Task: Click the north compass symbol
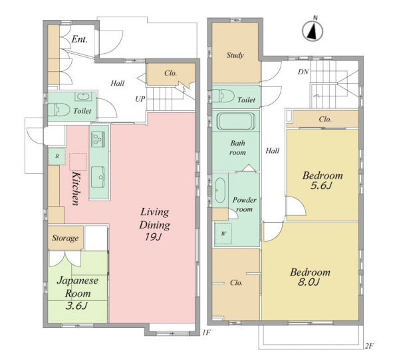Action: tap(313, 31)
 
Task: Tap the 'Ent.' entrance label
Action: tap(79, 39)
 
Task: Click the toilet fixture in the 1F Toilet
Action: tap(59, 110)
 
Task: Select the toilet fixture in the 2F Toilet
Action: tap(223, 96)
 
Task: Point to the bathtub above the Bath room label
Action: tap(236, 121)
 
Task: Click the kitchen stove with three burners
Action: tap(98, 139)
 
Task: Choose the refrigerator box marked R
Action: tap(57, 156)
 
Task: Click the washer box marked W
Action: tap(223, 234)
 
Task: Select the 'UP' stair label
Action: tap(140, 99)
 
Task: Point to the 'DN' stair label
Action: tap(303, 72)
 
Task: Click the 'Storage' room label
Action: tap(65, 238)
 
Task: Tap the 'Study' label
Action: tap(235, 55)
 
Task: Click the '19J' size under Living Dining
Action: tap(153, 237)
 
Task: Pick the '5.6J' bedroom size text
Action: tap(321, 186)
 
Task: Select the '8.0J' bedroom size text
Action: tap(309, 282)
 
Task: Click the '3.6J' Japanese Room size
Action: tap(76, 306)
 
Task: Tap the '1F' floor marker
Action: tap(206, 332)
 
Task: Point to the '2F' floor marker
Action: tap(369, 345)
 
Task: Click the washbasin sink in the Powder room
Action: tap(219, 190)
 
